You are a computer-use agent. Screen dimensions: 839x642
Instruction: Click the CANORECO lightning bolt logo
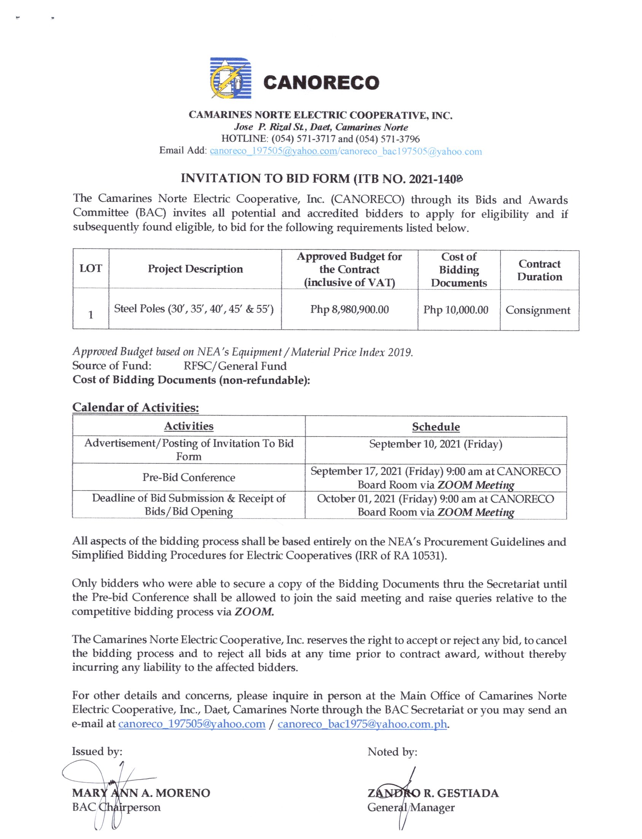coord(231,79)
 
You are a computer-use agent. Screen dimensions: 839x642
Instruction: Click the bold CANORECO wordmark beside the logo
coord(321,83)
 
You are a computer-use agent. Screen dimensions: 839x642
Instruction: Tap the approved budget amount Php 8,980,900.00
coord(349,309)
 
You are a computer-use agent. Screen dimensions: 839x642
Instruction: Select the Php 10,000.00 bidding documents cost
coord(456,310)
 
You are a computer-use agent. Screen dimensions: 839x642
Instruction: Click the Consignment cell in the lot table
coord(538,310)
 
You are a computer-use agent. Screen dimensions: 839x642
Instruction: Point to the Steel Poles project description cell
coord(194,309)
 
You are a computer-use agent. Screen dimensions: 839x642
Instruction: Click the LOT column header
coord(91,269)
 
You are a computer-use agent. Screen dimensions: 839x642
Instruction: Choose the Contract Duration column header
coord(540,271)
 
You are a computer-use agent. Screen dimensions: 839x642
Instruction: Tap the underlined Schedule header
coord(436,427)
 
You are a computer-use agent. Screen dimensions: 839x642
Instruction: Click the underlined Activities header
coord(189,426)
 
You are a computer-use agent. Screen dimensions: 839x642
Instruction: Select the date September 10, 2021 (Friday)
coord(436,444)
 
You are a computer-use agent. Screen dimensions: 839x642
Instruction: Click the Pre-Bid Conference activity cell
coord(189,477)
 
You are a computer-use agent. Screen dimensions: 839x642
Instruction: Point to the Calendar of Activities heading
coord(135,407)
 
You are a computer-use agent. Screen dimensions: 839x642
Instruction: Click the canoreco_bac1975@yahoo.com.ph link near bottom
coord(362,724)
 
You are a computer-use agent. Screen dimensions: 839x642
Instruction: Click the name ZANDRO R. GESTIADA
coord(433,794)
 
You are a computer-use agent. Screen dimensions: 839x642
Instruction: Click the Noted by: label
coord(392,752)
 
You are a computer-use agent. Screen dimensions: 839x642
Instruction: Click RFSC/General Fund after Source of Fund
coord(235,366)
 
